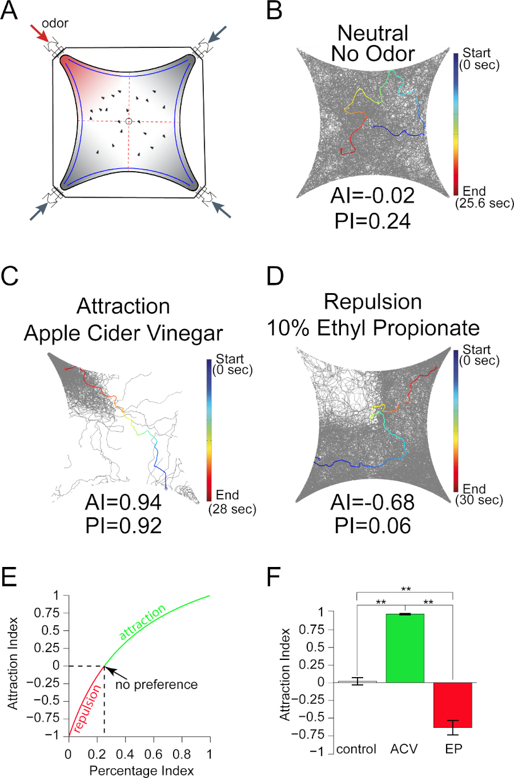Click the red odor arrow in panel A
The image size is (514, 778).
pos(41,34)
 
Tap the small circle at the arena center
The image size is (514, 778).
pos(128,121)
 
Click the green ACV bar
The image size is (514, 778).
pos(405,648)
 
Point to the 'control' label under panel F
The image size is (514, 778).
pos(356,749)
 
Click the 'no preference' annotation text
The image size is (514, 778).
pos(156,684)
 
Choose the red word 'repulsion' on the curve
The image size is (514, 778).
pos(87,707)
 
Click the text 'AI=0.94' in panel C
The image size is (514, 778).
pos(123,502)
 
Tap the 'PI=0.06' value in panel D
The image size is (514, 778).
pos(372,525)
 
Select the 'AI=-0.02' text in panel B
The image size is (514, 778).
pos(372,196)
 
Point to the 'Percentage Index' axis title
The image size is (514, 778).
pos(141,771)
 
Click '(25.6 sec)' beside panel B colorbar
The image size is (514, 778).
pos(484,203)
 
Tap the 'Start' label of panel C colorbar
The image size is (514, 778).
pos(230,359)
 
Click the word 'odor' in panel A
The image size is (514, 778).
pos(55,23)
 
